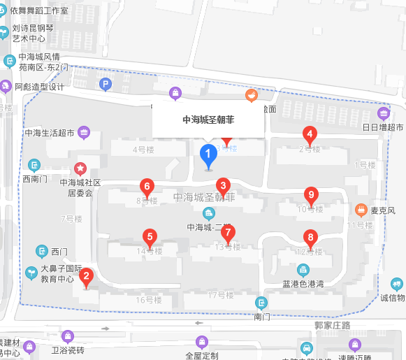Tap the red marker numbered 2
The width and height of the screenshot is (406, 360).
pyautogui.click(x=86, y=277)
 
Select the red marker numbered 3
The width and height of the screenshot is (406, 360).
pyautogui.click(x=223, y=185)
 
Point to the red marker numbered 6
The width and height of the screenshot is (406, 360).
pyautogui.click(x=147, y=187)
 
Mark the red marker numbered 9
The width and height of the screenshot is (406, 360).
pyautogui.click(x=312, y=195)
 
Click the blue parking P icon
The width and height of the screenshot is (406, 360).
pyautogui.click(x=106, y=85)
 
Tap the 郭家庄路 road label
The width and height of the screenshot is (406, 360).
pyautogui.click(x=332, y=325)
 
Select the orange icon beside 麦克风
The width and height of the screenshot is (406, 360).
pyautogui.click(x=361, y=209)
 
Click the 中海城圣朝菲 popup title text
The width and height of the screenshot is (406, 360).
pyautogui.click(x=208, y=120)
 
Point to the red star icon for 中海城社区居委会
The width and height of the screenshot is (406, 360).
pyautogui.click(x=81, y=168)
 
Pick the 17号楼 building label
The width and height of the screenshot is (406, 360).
pyautogui.click(x=221, y=295)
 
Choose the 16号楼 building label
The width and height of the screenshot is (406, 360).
pyautogui.click(x=149, y=300)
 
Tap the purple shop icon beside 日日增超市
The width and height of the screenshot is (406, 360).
pyautogui.click(x=384, y=114)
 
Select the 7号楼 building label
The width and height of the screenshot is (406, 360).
pyautogui.click(x=72, y=219)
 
